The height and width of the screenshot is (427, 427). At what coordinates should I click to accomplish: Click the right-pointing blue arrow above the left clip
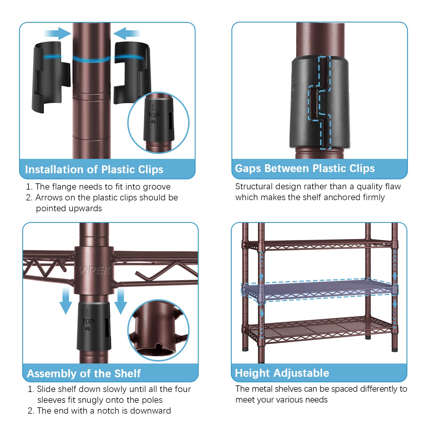coord(57,33)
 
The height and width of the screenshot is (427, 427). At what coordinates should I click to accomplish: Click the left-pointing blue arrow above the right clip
coord(127,33)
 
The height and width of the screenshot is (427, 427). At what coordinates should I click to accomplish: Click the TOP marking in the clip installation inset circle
coord(154,115)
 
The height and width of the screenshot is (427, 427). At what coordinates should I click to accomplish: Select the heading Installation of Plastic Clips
coord(94,169)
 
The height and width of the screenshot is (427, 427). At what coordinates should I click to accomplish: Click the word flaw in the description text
coord(393,186)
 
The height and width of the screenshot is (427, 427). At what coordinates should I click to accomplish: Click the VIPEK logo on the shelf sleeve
coord(94,270)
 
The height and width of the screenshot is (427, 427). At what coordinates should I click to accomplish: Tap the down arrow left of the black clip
coord(66,301)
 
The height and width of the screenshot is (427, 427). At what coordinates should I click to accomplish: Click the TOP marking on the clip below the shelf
coord(88,321)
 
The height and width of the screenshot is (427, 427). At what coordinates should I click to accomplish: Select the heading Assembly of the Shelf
coord(84,373)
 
